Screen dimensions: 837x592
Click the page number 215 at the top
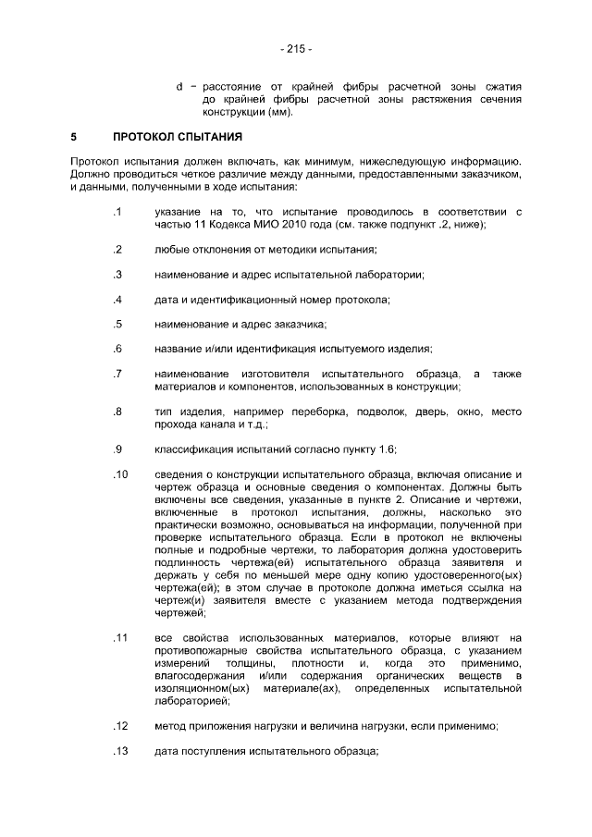[295, 48]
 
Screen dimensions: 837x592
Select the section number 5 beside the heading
[73, 138]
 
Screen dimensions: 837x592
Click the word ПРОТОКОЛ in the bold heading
[145, 138]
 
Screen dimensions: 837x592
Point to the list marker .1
[118, 213]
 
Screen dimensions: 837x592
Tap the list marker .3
[118, 275]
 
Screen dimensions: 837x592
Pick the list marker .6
[118, 349]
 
